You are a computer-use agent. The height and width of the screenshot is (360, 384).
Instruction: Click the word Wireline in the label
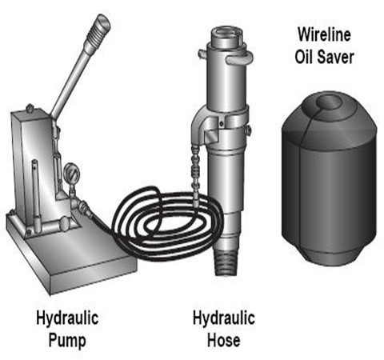point(324,34)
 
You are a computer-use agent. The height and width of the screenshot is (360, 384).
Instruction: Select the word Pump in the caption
point(67,341)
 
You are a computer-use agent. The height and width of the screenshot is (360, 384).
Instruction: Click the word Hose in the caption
point(223,340)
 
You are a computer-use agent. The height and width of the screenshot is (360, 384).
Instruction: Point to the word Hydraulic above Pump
point(67,318)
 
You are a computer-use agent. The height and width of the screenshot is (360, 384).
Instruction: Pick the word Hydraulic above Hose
point(223,318)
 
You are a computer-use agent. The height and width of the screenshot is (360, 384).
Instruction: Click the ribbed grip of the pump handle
point(99,30)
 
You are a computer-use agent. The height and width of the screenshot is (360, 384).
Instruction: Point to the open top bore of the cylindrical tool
point(226,32)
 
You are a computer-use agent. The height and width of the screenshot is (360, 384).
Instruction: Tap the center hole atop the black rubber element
point(329,102)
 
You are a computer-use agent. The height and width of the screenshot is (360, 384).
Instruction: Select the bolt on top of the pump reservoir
point(30,108)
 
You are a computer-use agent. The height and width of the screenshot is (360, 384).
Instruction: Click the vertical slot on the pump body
point(35,194)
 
